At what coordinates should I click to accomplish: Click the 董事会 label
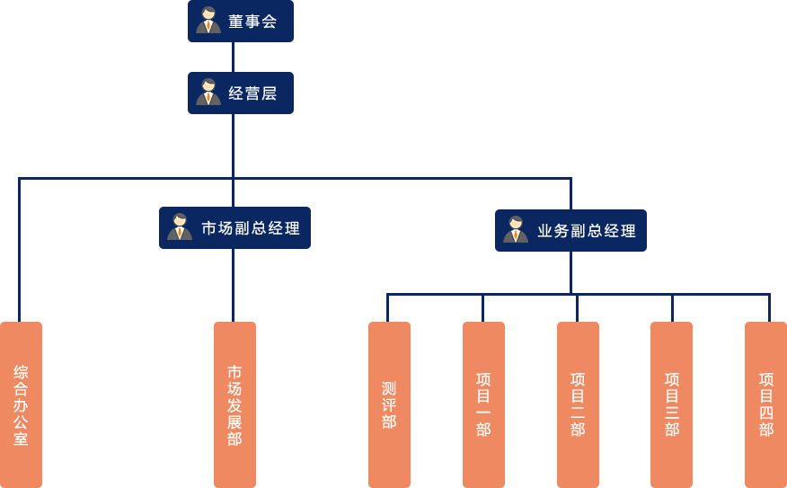click(x=252, y=22)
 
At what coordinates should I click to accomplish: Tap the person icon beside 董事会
click(x=208, y=21)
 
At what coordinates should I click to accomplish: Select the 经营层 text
click(x=252, y=93)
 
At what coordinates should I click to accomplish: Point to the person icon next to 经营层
click(x=208, y=93)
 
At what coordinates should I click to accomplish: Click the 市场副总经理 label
click(x=251, y=228)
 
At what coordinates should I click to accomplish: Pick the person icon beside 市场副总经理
click(x=180, y=227)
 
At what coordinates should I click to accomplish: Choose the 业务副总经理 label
click(x=587, y=231)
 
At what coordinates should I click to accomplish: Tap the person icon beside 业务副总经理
click(x=516, y=230)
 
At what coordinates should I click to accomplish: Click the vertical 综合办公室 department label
click(x=21, y=405)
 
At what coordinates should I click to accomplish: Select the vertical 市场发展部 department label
click(x=234, y=405)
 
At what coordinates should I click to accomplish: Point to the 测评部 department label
click(x=389, y=405)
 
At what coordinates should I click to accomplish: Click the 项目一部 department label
click(x=483, y=404)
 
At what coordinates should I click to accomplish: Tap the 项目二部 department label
click(x=578, y=404)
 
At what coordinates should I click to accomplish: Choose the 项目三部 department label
click(x=672, y=404)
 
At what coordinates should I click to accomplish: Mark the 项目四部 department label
click(x=766, y=404)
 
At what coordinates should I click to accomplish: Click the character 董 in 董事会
click(x=236, y=22)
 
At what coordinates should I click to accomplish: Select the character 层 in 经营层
click(x=269, y=93)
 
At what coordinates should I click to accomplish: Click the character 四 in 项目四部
click(x=766, y=413)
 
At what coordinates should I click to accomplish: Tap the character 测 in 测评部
click(x=389, y=388)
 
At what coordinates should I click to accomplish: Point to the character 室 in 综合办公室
click(x=21, y=439)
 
